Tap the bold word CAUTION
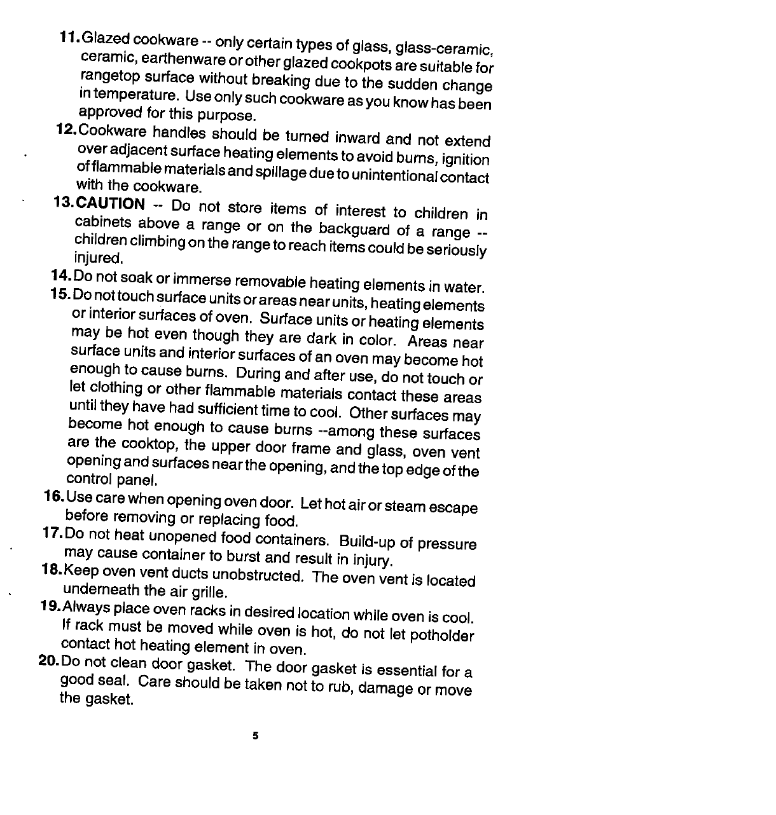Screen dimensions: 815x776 click(x=111, y=203)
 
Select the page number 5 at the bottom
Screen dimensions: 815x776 click(x=255, y=736)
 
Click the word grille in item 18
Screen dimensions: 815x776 click(x=209, y=593)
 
